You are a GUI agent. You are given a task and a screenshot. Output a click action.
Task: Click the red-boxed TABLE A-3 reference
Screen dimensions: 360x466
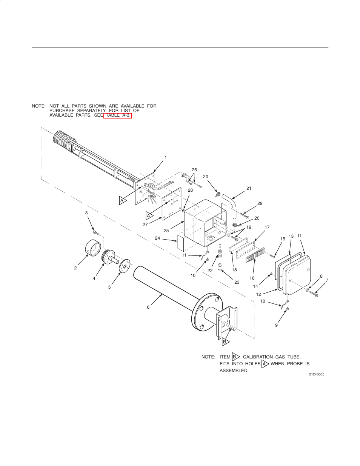click(x=117, y=115)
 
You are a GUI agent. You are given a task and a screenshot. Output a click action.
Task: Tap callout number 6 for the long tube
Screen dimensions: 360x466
click(x=148, y=307)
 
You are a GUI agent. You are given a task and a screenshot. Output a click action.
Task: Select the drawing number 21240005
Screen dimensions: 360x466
click(x=316, y=374)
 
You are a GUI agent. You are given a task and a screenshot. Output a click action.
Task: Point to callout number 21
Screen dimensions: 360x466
click(x=249, y=188)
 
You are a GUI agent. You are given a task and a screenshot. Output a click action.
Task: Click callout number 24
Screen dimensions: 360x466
click(x=157, y=238)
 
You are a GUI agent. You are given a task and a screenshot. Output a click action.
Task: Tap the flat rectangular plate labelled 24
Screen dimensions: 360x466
click(x=180, y=244)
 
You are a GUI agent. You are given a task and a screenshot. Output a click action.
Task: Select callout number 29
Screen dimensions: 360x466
click(x=260, y=203)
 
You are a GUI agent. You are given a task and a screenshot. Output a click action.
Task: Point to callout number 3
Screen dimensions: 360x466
click(x=86, y=213)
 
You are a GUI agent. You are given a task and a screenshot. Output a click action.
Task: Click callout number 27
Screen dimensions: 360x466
click(x=145, y=225)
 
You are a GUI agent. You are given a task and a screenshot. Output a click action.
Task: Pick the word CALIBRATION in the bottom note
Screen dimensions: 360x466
click(x=257, y=357)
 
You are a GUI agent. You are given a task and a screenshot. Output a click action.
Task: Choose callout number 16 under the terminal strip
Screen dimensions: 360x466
click(x=252, y=278)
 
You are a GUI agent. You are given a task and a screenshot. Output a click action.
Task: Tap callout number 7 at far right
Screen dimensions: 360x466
click(x=327, y=280)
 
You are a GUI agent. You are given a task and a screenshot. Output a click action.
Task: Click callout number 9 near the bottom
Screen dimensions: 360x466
click(x=276, y=325)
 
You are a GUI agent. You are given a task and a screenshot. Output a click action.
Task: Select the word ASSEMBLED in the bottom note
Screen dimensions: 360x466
click(x=234, y=371)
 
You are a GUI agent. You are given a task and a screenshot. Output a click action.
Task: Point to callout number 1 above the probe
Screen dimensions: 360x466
click(x=165, y=157)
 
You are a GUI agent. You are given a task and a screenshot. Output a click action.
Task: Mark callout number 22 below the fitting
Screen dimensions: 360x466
click(x=210, y=271)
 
